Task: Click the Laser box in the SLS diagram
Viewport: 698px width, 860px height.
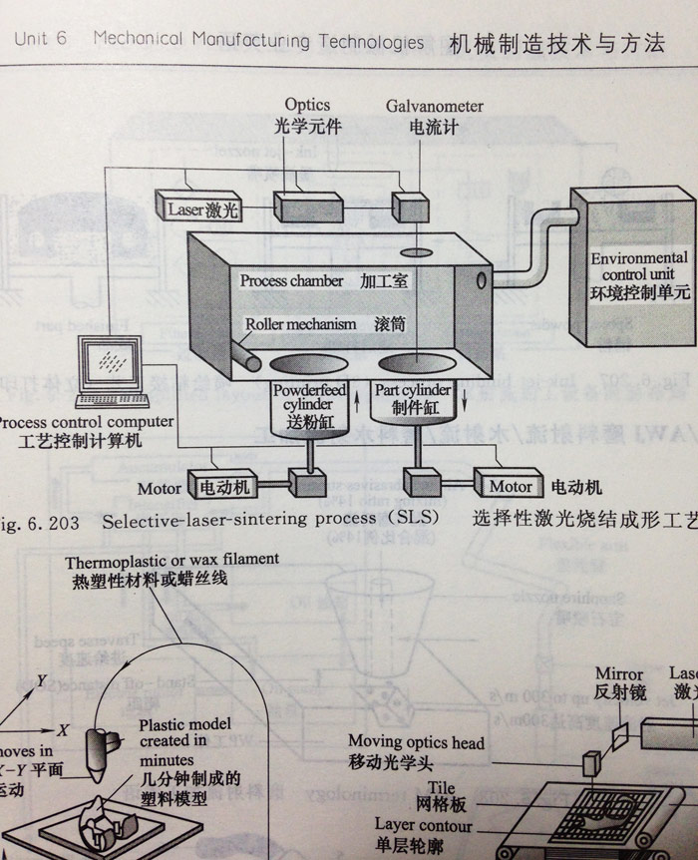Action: click(x=198, y=211)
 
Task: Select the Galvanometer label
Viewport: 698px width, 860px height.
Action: click(x=434, y=105)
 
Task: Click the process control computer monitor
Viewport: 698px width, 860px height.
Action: click(x=112, y=361)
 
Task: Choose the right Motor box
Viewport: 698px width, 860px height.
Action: click(x=510, y=488)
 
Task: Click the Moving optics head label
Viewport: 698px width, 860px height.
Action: click(x=416, y=742)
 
